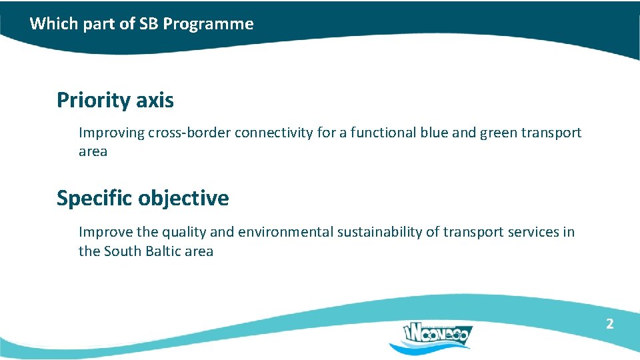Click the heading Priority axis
(115, 101)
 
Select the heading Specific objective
(142, 199)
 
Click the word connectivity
(273, 133)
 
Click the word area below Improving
(93, 152)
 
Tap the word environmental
(285, 232)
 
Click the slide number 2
(609, 324)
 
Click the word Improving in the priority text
(111, 133)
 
